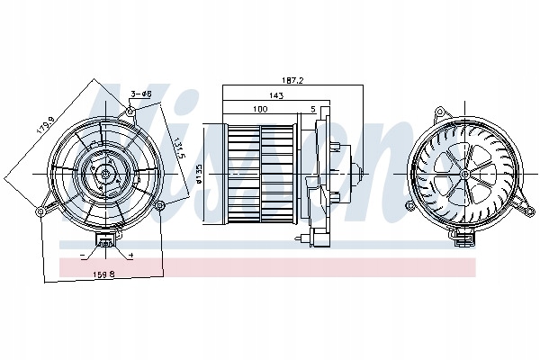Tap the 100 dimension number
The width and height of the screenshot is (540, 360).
tap(261, 109)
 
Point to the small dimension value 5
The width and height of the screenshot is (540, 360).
tap(312, 109)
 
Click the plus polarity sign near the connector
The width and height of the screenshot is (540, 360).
tap(130, 256)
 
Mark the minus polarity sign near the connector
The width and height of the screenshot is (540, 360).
tap(85, 256)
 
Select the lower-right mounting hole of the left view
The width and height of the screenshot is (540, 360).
tap(159, 206)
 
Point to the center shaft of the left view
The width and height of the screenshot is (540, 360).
tap(101, 173)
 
